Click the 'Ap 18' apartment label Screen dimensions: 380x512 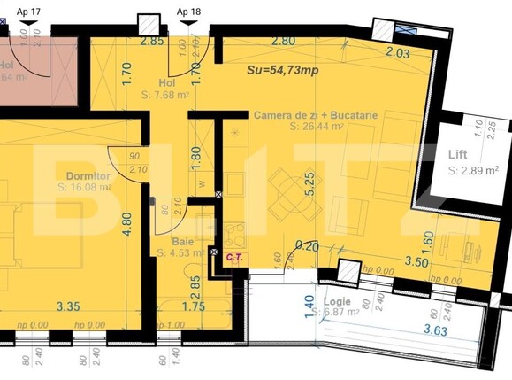[x=188, y=12]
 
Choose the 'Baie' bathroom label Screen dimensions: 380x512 [x=181, y=240]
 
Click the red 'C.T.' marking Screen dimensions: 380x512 [x=234, y=258]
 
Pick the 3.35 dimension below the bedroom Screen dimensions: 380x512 [x=67, y=307]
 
